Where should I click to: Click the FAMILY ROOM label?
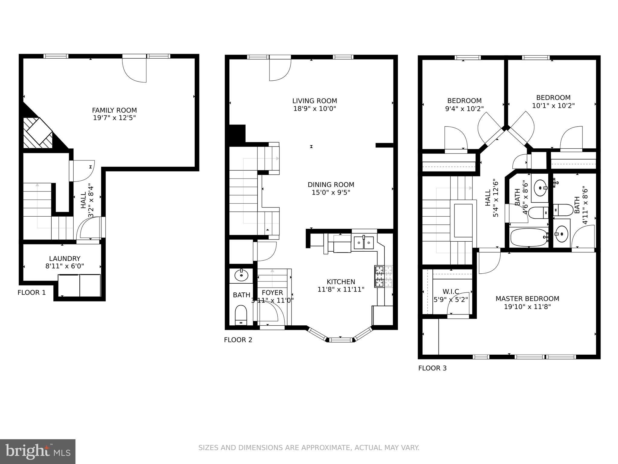[114, 110]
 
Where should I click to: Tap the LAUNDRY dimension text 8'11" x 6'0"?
[65, 266]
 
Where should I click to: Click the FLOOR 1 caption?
[32, 292]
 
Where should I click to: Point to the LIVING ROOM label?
[314, 101]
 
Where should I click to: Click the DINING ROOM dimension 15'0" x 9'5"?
[331, 192]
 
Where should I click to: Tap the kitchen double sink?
[364, 243]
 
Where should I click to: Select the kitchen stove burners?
[384, 276]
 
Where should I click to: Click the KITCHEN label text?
[341, 282]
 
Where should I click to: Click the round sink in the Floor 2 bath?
[241, 275]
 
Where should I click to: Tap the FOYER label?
[272, 293]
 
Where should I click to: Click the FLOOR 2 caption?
[238, 340]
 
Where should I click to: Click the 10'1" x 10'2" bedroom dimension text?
[553, 106]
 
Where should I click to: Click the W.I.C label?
[451, 292]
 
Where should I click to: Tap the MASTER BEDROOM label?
[527, 299]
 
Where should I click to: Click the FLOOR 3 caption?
[432, 368]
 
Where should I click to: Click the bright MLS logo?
[38, 452]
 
